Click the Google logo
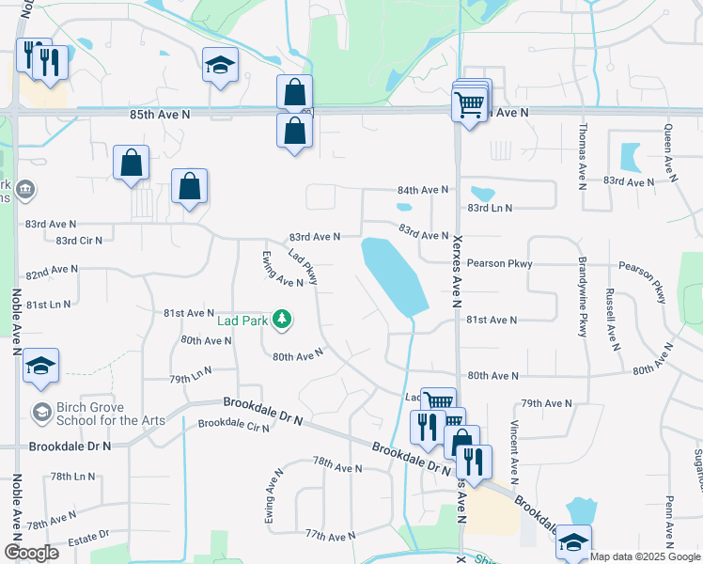coord(31,552)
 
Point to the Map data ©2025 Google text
coord(645,556)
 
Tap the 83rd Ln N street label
coord(490,208)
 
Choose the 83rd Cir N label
coord(79,241)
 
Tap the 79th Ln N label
coord(191,379)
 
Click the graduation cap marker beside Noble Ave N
coord(40,365)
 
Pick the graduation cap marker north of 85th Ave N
coord(220,66)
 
